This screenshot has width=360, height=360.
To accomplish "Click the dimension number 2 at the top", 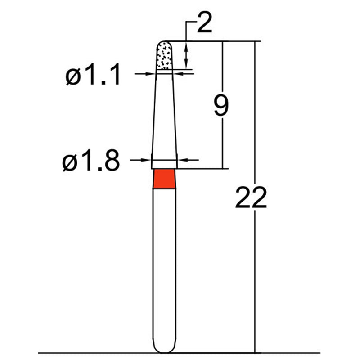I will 203,23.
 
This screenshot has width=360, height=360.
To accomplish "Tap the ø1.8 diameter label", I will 91,162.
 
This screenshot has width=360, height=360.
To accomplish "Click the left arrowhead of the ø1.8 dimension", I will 147,159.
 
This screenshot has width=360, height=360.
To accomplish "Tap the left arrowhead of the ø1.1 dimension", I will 152,73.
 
